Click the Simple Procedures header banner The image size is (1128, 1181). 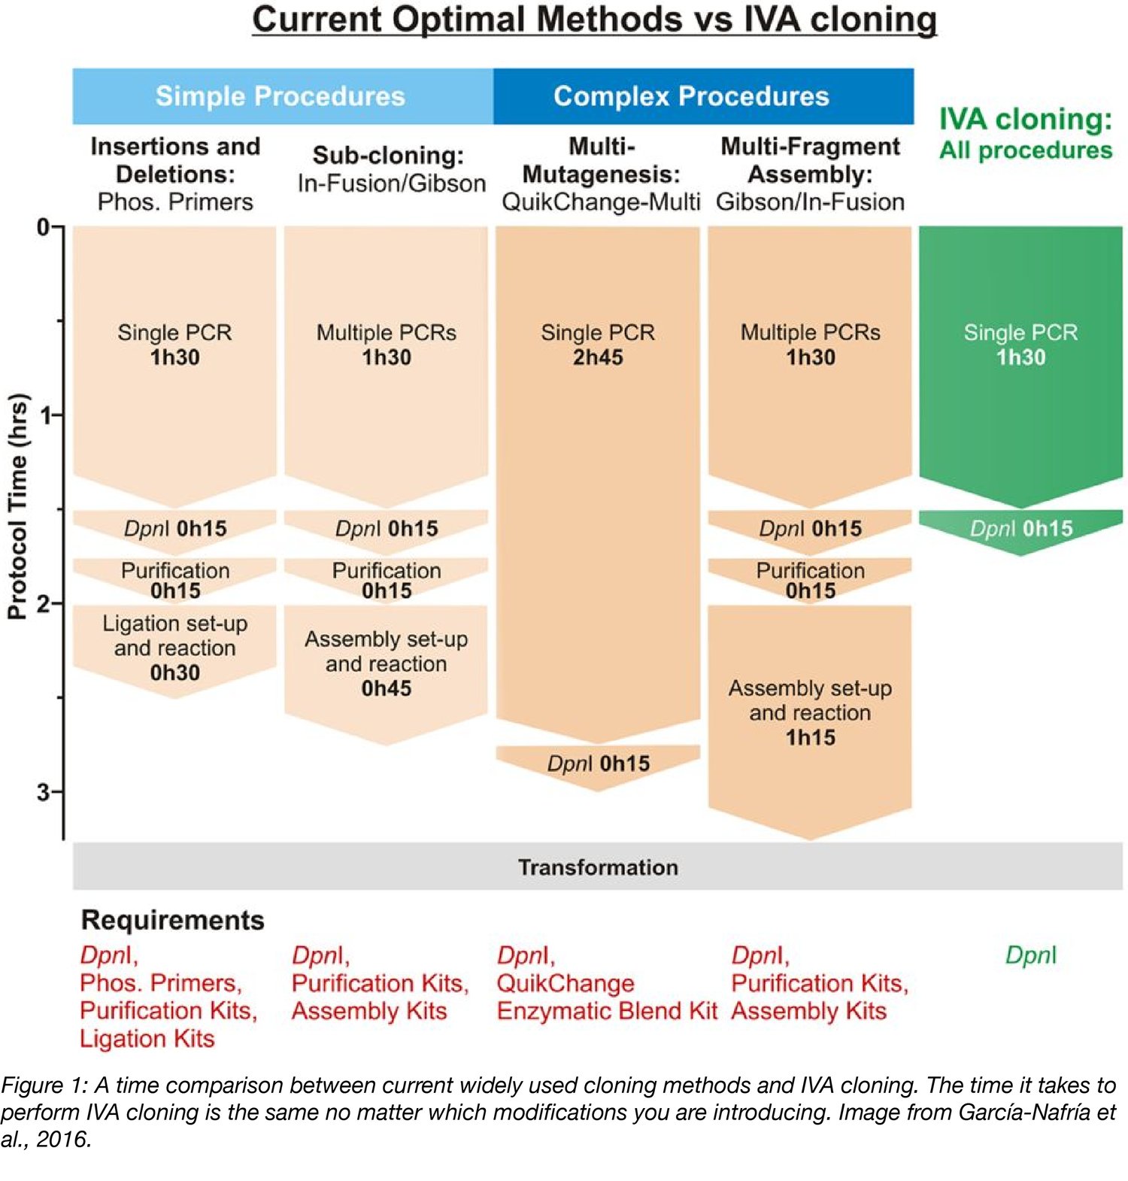coord(280,96)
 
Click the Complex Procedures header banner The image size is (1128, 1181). coord(690,96)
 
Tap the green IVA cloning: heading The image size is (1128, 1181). coord(1025,120)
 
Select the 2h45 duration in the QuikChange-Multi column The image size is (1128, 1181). coord(598,357)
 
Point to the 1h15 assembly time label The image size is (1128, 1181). coord(810,737)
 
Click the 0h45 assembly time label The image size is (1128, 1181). coord(386,688)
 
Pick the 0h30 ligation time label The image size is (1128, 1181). coord(174,672)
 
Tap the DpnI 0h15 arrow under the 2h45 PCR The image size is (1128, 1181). coord(598,764)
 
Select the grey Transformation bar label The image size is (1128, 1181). coord(598,867)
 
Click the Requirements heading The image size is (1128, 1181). coord(172,920)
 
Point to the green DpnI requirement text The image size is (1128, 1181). coord(1030,955)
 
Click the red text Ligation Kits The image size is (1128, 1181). coord(147,1039)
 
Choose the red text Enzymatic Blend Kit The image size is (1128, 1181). coord(607,1011)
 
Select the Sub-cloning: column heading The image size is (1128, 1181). coord(388,155)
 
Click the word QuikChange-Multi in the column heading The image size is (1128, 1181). coord(600,202)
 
